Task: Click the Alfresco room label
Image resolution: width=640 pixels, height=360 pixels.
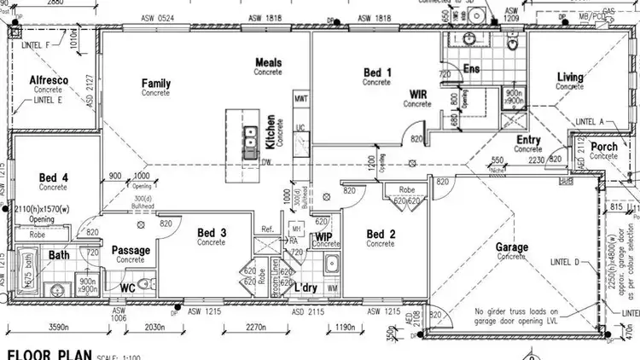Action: click(49, 80)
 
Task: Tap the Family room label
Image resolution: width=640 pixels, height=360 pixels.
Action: click(156, 84)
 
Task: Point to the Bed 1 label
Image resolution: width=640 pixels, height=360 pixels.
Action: click(376, 73)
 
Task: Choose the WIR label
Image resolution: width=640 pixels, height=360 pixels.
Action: click(418, 95)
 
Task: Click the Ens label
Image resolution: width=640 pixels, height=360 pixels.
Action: click(469, 68)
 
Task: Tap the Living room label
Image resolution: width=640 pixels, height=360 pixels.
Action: click(570, 78)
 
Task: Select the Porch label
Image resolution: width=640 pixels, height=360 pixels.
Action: click(604, 148)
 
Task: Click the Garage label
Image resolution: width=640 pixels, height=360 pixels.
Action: click(512, 247)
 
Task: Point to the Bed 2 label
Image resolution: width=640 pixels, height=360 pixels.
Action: click(381, 234)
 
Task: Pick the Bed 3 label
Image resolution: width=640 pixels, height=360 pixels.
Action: click(212, 232)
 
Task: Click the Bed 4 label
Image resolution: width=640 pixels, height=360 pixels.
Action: click(53, 178)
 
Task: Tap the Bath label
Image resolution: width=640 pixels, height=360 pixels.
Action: click(59, 254)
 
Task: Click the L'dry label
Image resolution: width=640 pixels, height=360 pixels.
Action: click(305, 287)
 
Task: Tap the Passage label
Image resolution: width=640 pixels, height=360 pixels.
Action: click(131, 250)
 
